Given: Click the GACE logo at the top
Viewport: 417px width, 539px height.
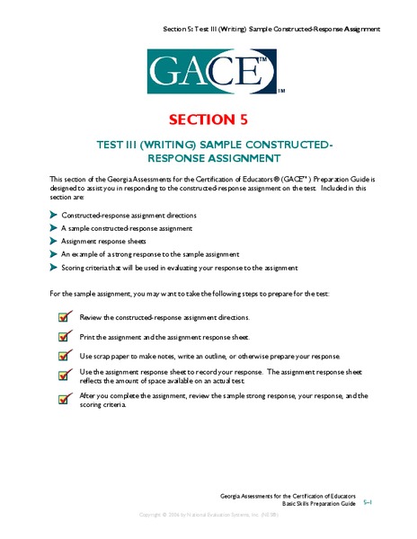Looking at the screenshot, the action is coord(208,70).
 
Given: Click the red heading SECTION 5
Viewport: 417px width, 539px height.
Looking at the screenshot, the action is coord(208,120).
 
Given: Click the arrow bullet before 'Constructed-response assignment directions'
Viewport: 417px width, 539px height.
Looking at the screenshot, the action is coord(53,216).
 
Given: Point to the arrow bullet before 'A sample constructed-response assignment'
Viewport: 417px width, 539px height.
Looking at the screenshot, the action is coord(53,229).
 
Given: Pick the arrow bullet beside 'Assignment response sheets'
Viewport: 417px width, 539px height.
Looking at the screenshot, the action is coord(53,242).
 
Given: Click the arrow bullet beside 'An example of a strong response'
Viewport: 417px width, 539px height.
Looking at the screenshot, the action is coord(53,254).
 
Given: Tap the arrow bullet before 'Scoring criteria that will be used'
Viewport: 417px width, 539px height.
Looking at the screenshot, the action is coord(53,267).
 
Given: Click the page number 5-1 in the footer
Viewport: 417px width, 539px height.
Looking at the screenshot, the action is coord(368,504).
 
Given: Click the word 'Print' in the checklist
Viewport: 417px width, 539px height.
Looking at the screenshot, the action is coord(87,336).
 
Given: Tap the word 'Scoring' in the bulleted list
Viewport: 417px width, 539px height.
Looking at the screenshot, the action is coord(75,267).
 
